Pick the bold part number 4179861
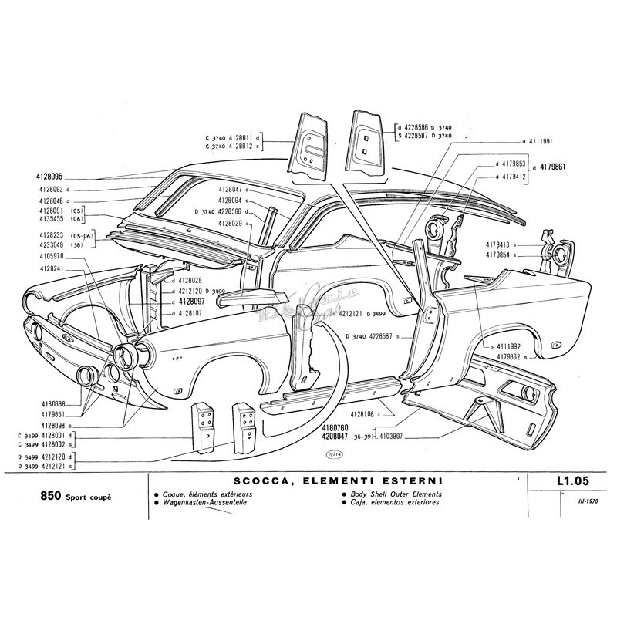point(555,166)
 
